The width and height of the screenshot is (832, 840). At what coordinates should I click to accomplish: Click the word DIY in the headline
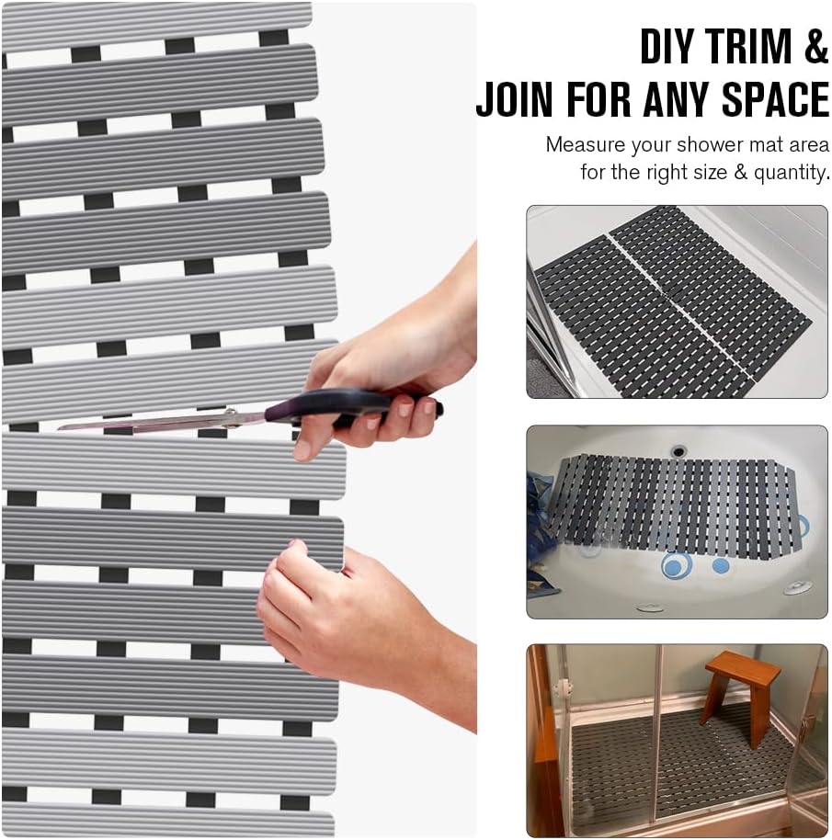click(667, 46)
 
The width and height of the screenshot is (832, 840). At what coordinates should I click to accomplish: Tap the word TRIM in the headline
click(748, 46)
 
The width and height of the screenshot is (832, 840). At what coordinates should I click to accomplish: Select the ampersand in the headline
click(815, 46)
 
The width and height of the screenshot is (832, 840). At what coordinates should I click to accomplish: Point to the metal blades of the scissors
click(161, 422)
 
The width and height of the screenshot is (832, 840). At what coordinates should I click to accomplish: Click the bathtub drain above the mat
click(678, 451)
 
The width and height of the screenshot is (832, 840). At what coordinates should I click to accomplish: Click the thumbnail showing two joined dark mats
click(678, 301)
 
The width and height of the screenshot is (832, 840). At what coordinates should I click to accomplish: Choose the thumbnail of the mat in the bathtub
click(678, 522)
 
